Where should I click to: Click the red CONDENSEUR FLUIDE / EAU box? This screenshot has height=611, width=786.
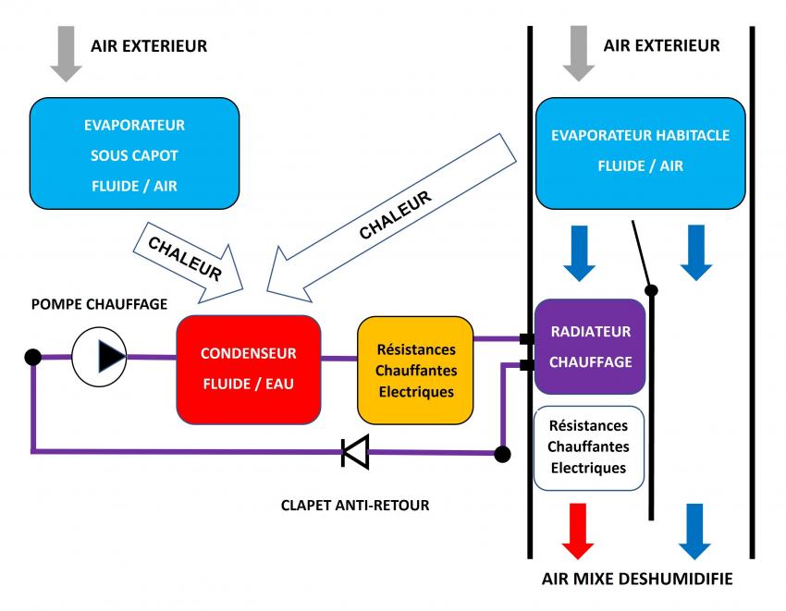(248, 369)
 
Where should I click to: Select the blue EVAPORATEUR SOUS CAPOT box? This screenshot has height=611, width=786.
(135, 154)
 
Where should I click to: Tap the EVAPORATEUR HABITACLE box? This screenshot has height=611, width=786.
(640, 151)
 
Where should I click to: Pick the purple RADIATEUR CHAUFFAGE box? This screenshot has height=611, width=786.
(590, 347)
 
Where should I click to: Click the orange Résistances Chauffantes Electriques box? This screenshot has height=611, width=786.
(415, 370)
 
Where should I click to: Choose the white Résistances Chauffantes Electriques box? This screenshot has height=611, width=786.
(589, 446)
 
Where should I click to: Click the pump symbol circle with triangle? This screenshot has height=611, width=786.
(99, 355)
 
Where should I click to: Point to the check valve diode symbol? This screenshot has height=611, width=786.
(355, 452)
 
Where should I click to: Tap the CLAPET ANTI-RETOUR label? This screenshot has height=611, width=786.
(355, 506)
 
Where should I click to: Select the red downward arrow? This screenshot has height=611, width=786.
(578, 531)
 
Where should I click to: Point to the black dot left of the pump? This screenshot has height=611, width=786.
(33, 356)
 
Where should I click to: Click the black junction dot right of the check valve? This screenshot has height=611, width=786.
(502, 454)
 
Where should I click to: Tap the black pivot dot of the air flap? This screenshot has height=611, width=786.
(651, 291)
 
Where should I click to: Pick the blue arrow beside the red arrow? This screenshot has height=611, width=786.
(695, 531)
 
